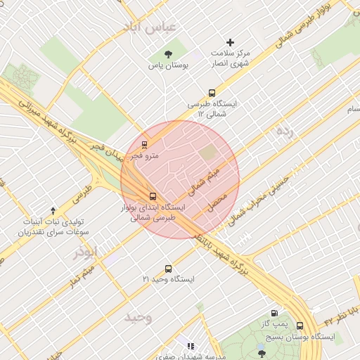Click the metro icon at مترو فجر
pyautogui.click(x=144, y=145)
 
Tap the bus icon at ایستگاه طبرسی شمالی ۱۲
pyautogui.click(x=212, y=93)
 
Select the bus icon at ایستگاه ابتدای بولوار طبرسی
pyautogui.click(x=153, y=196)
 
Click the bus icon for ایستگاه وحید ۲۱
pyautogui.click(x=168, y=269)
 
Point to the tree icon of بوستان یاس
pyautogui.click(x=168, y=54)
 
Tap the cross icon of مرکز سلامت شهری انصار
pyautogui.click(x=230, y=43)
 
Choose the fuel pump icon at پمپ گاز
pyautogui.click(x=274, y=314)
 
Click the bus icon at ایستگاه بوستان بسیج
pyautogui.click(x=300, y=326)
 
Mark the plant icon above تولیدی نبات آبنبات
pyautogui.click(x=54, y=210)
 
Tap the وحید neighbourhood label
pyautogui.click(x=139, y=317)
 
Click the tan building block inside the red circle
pyautogui.click(x=208, y=153)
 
